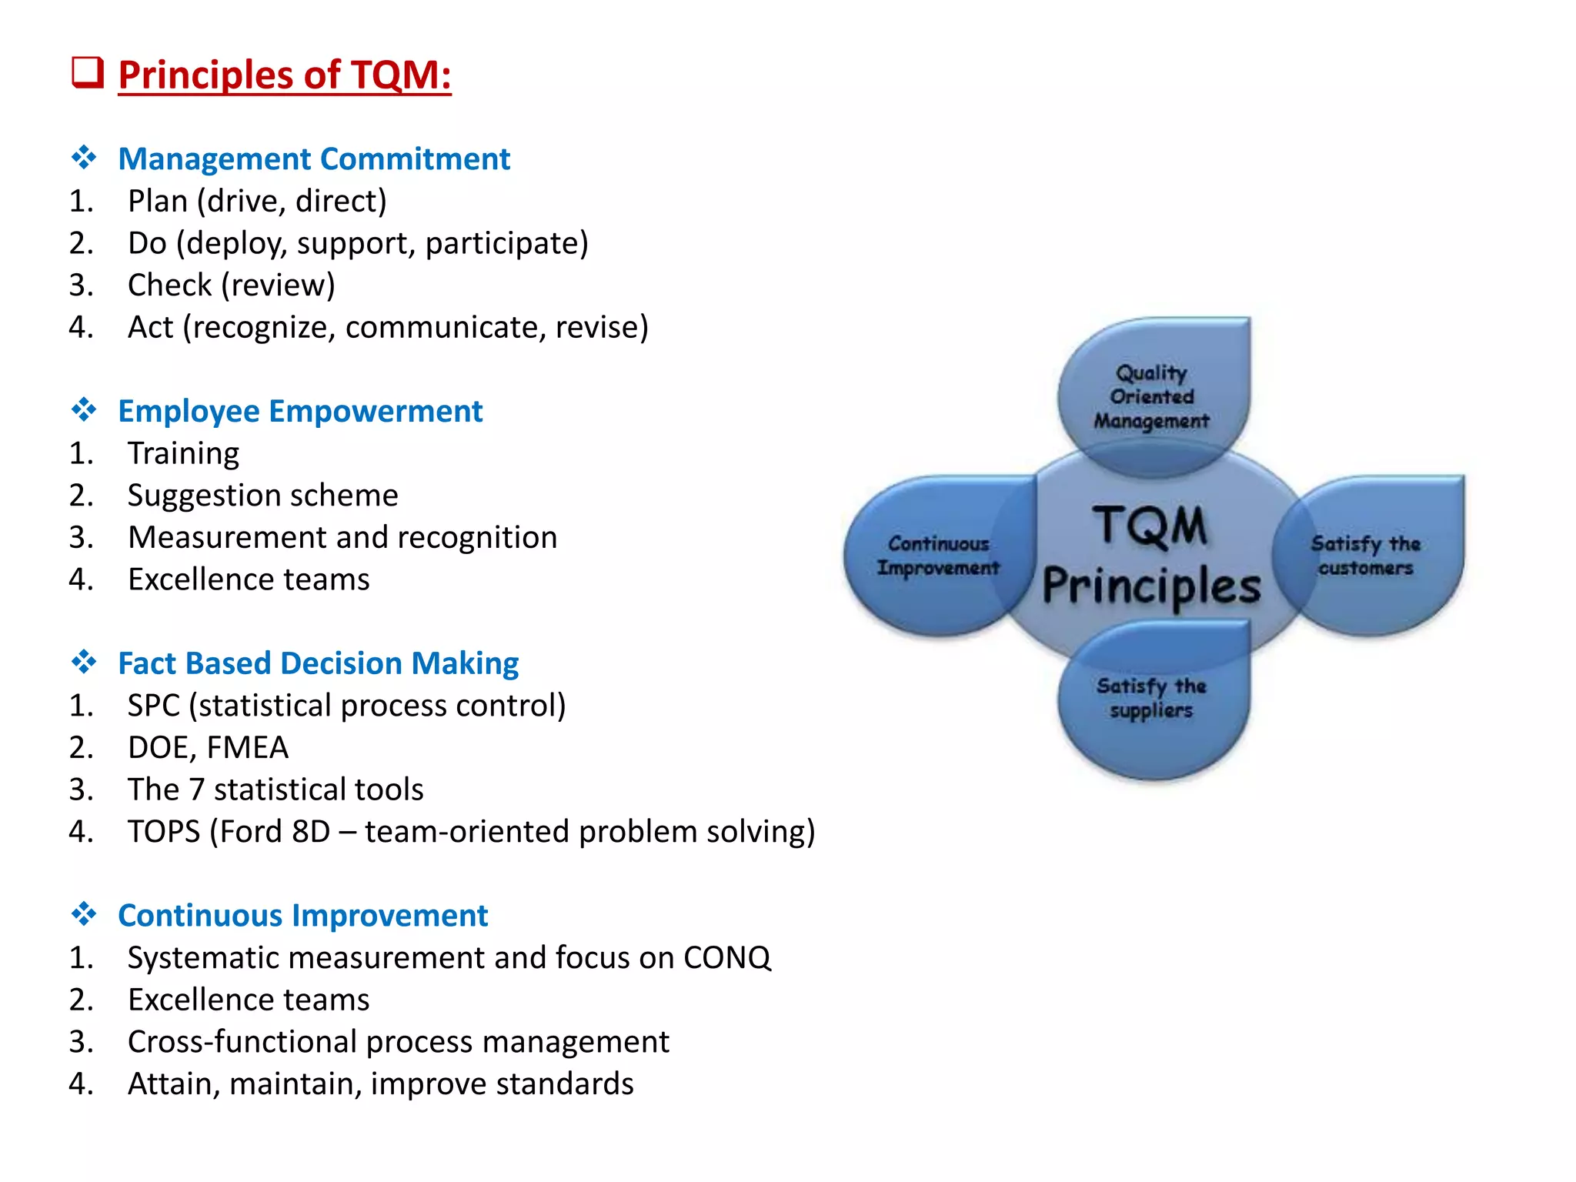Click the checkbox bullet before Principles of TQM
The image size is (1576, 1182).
click(x=87, y=73)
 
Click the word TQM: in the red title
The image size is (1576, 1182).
click(x=400, y=75)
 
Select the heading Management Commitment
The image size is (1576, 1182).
click(x=313, y=159)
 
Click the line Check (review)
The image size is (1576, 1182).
click(x=231, y=285)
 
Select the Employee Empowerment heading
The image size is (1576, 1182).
click(x=300, y=411)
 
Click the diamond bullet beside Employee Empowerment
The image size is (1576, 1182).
click(x=83, y=409)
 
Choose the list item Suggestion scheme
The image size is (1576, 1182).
click(x=262, y=495)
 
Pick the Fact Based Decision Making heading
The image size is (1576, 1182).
click(x=318, y=663)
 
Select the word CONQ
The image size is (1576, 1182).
click(x=726, y=958)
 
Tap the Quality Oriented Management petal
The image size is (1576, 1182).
click(x=1151, y=396)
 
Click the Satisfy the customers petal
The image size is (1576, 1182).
click(x=1365, y=556)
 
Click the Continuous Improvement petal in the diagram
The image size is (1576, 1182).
click(x=938, y=556)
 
